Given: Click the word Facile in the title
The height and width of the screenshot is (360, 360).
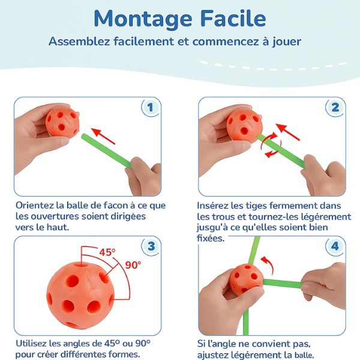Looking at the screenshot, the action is (233, 18).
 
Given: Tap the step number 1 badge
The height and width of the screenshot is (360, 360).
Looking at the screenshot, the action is (150, 107).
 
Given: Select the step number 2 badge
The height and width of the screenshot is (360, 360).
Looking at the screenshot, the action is (335, 107).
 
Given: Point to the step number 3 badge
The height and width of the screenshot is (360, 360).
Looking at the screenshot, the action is (151, 247).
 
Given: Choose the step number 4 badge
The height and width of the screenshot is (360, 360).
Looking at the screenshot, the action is (335, 247).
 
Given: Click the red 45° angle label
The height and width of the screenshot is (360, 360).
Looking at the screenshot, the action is (107, 253).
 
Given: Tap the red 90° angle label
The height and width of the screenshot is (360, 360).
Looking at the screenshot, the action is (133, 265).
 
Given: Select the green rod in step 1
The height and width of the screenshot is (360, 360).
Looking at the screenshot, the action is (107, 151).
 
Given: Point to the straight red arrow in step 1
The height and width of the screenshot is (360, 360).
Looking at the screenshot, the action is (103, 136).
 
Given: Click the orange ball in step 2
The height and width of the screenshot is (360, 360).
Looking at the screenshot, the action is (244, 125).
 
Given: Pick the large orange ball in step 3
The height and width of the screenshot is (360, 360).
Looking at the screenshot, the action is (80, 296).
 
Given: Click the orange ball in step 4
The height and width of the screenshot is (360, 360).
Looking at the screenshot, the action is (246, 280).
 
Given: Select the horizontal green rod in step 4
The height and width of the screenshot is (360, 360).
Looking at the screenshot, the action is (283, 283).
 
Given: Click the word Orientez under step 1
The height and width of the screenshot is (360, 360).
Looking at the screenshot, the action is (32, 205).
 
